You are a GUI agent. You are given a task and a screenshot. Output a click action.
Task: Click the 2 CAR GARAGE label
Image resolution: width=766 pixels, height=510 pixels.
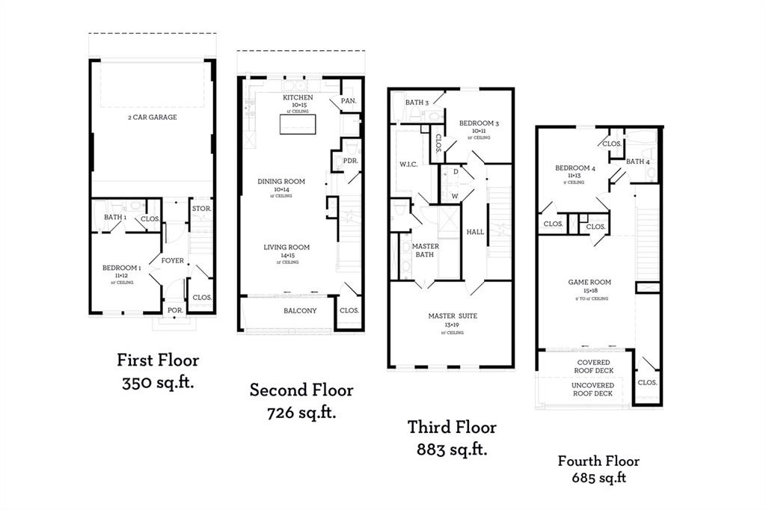tap(151, 117)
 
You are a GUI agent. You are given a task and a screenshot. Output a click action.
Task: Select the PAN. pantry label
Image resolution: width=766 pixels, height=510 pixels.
tap(348, 100)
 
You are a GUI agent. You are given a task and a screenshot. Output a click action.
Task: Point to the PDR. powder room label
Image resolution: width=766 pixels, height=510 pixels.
tap(350, 161)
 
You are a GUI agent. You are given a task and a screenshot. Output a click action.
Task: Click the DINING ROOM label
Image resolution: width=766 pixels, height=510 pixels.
tap(281, 182)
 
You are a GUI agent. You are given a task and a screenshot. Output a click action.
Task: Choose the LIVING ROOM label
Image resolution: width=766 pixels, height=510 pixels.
tap(286, 248)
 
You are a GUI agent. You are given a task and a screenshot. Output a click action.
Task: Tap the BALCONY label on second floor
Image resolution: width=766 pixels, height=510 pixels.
tap(300, 311)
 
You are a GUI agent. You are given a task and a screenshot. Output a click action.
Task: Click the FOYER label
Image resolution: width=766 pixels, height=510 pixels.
tap(173, 261)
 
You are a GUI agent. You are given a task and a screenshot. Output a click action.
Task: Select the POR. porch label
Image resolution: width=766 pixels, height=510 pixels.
tap(175, 310)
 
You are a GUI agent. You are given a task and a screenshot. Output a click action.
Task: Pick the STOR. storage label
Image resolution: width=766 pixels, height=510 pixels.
tap(200, 209)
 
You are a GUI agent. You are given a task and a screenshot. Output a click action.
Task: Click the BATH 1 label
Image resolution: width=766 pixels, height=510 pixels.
tap(114, 218)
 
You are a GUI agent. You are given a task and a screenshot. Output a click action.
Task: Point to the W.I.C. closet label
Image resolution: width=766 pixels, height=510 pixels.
tap(407, 163)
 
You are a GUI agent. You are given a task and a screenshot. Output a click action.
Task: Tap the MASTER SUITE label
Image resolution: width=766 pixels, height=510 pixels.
tap(453, 316)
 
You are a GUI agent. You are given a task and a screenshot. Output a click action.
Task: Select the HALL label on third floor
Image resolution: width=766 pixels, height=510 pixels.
tap(475, 233)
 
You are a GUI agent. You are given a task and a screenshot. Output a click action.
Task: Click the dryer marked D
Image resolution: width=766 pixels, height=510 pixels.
tap(456, 171)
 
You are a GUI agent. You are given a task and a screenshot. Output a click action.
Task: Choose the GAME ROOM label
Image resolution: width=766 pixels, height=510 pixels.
tap(589, 283)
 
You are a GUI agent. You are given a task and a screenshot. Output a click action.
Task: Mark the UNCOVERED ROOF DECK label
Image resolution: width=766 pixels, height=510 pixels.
tap(593, 390)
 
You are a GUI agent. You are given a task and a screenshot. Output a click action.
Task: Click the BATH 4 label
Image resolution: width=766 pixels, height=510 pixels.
tap(638, 162)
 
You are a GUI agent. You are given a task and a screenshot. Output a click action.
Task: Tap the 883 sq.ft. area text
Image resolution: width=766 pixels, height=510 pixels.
tap(452, 449)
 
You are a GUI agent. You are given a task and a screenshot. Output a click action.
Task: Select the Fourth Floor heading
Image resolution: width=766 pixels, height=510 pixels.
tap(598, 461)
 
